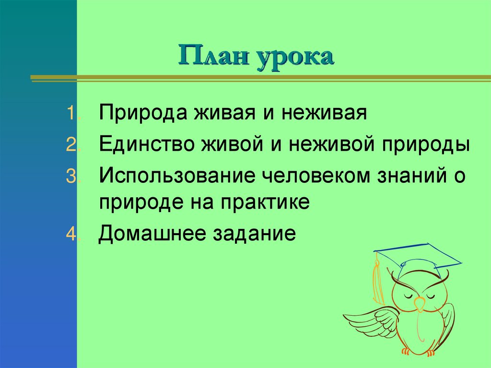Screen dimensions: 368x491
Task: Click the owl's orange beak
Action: (x=420, y=304)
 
